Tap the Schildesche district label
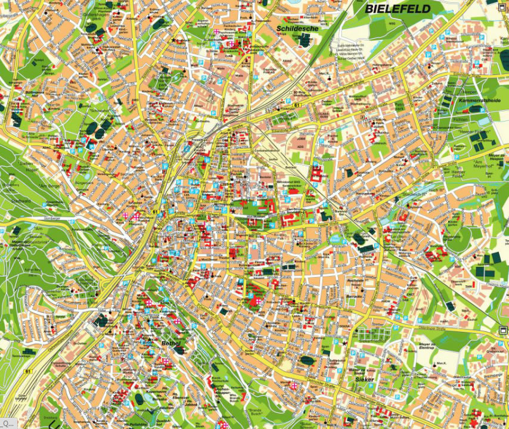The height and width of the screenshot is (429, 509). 297,28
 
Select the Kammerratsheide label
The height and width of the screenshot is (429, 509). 479,101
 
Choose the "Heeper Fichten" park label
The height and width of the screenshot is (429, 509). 474,130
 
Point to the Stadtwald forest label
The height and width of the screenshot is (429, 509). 21,201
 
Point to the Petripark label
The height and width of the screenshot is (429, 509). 400,107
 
